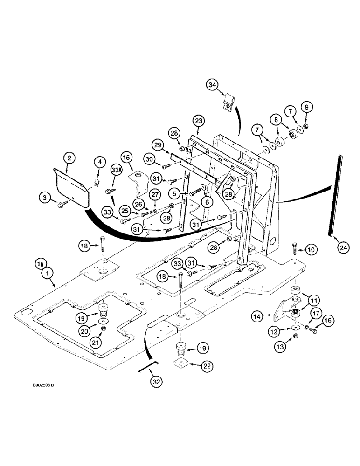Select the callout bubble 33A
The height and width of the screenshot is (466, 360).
(x=116, y=171)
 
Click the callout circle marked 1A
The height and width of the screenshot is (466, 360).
(x=39, y=264)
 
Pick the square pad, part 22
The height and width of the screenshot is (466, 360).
(x=180, y=363)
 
